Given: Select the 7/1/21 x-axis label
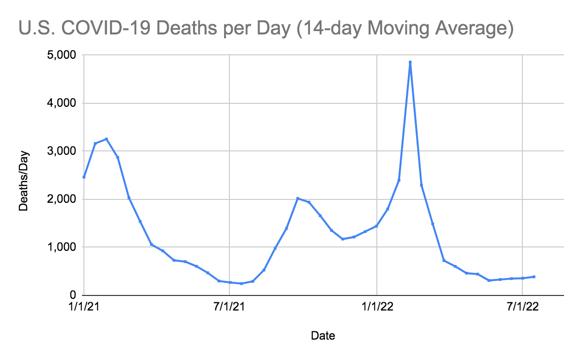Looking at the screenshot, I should [229, 308].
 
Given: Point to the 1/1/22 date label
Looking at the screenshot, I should [377, 308].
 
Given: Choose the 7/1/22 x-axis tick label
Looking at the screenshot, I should [522, 308].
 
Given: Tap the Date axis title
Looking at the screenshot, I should [323, 335].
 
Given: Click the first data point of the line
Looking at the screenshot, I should [84, 177].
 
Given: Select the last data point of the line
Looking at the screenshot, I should [533, 277].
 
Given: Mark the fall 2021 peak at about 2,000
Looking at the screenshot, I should [298, 198].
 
